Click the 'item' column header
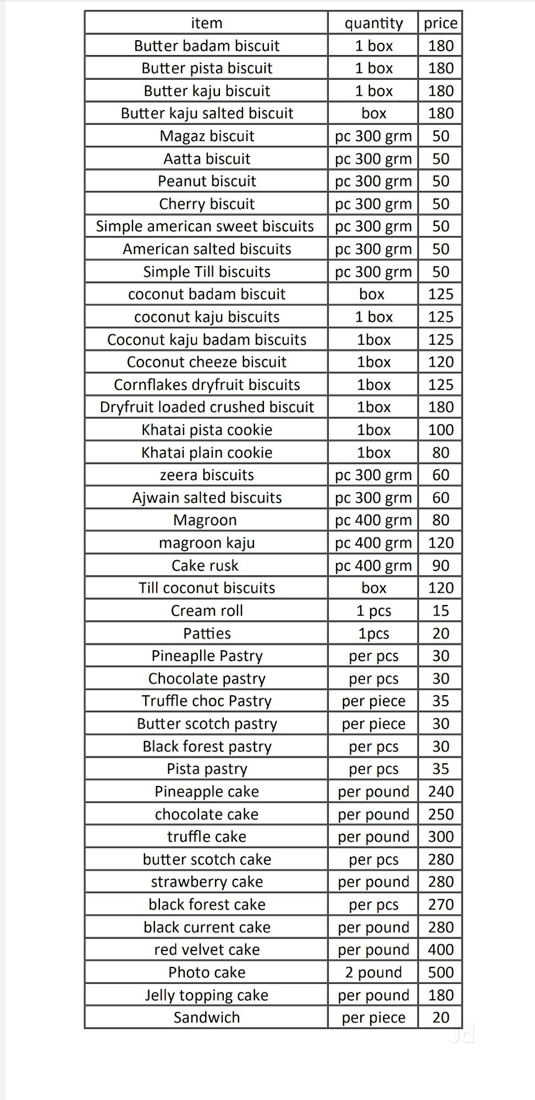(207, 23)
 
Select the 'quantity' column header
(373, 23)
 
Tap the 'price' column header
(440, 23)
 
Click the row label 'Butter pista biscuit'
(207, 68)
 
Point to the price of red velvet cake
(440, 950)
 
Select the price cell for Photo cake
(440, 972)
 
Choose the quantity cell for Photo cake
(373, 972)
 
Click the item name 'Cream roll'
(207, 610)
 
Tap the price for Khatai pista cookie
(440, 430)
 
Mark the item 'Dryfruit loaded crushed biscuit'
(207, 407)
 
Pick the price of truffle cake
(440, 837)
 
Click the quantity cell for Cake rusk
(373, 565)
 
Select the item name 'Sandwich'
(207, 1018)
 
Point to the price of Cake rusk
(440, 565)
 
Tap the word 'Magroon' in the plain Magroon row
(205, 520)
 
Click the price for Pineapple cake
(440, 791)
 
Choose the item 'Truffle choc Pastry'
(207, 701)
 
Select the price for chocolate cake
(440, 814)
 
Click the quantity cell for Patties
(373, 634)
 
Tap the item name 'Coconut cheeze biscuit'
(207, 362)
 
